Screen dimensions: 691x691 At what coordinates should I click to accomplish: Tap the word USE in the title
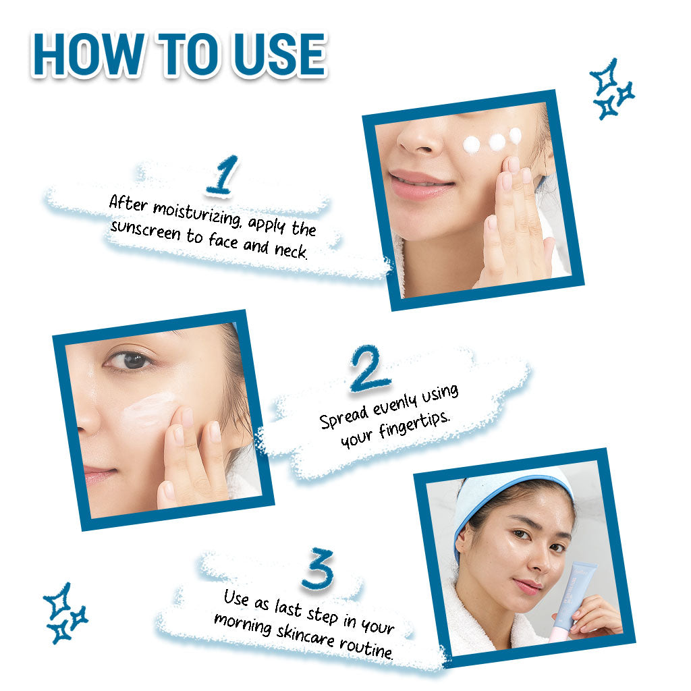tap(280, 55)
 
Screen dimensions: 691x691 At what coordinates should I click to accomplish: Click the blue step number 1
tap(223, 175)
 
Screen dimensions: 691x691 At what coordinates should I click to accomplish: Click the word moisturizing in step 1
tap(197, 213)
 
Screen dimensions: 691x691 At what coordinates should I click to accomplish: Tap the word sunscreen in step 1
tap(146, 231)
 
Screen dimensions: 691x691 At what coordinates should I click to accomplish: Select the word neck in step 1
tap(291, 251)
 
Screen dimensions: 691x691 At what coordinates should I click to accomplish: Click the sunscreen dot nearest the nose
tap(472, 145)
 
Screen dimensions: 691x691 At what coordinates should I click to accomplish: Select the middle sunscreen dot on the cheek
tap(497, 142)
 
